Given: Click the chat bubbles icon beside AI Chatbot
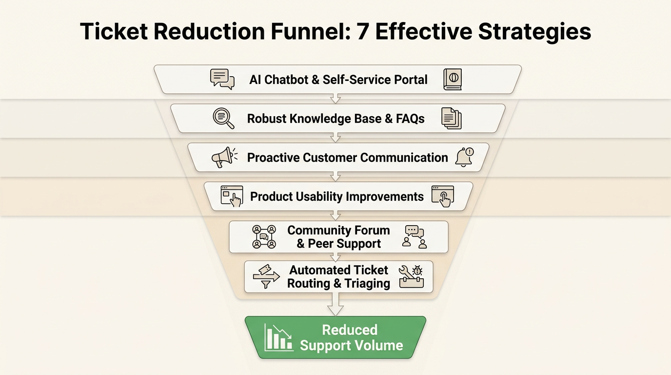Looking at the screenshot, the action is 222,79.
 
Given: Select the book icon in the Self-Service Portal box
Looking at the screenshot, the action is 453,79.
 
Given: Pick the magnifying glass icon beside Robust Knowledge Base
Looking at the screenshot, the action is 223,118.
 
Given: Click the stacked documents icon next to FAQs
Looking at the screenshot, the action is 452,119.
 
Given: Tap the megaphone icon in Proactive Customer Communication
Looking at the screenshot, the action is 224,157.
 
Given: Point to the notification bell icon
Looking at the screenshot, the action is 464,157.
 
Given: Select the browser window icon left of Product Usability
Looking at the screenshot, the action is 232,196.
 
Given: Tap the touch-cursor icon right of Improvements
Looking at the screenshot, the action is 443,196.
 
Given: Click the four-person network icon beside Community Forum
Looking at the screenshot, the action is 264,237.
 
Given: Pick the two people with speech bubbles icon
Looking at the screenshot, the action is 414,237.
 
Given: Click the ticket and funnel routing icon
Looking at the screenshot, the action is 266,276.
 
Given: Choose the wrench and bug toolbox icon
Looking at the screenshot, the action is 411,276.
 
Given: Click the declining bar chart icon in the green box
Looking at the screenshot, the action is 278,337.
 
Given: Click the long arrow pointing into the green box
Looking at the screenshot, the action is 335,304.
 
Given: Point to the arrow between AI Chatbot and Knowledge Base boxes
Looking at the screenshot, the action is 335,99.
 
